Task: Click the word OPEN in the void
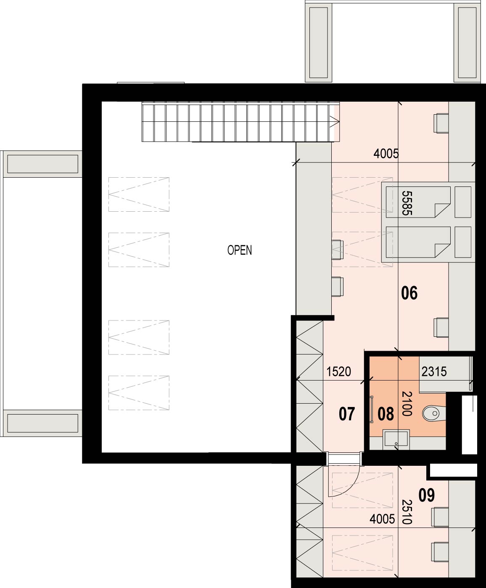pyautogui.click(x=240, y=250)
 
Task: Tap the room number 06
pyautogui.click(x=409, y=293)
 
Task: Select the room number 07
pyautogui.click(x=347, y=414)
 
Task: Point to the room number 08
pyautogui.click(x=386, y=414)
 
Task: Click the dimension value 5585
pyautogui.click(x=407, y=203)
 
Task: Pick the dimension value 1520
pyautogui.click(x=338, y=372)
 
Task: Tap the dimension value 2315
pyautogui.click(x=434, y=372)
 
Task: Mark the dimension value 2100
pyautogui.click(x=407, y=404)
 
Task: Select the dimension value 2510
pyautogui.click(x=407, y=512)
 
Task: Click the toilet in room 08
pyautogui.click(x=434, y=413)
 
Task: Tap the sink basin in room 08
pyautogui.click(x=396, y=439)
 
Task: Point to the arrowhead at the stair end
pyautogui.click(x=336, y=122)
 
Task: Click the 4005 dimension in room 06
pyautogui.click(x=386, y=154)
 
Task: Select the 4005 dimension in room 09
pyautogui.click(x=382, y=519)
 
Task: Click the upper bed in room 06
pyautogui.click(x=418, y=202)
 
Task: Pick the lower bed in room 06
pyautogui.click(x=418, y=242)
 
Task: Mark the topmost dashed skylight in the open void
pyautogui.click(x=139, y=194)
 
